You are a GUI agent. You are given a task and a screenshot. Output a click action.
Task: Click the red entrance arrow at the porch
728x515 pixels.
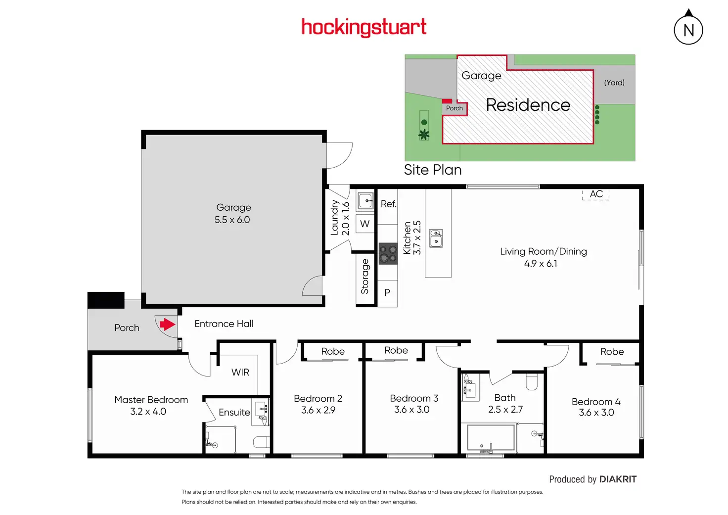[x=167, y=324]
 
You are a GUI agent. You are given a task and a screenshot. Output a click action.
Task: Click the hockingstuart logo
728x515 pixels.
[x=364, y=27]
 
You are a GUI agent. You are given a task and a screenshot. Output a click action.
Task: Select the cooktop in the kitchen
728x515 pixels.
[x=388, y=254]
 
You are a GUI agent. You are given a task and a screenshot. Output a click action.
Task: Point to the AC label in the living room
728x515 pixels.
[x=596, y=194]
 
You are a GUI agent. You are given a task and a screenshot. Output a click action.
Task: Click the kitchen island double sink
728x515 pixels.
[x=436, y=238]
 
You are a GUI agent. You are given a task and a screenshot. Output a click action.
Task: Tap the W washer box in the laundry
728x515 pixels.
[x=364, y=224]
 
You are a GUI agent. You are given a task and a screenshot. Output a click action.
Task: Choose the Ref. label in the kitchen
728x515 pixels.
[x=389, y=204]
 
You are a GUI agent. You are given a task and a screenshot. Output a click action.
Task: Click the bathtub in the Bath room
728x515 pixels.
[x=491, y=438]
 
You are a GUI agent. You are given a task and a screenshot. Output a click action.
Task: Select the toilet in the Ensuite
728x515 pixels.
[x=262, y=442]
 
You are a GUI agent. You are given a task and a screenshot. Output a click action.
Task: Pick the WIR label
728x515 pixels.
[x=240, y=372]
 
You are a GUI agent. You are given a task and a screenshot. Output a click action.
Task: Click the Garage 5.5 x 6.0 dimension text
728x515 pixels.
[x=232, y=220]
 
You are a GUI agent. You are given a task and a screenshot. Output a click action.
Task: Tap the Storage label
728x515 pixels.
[x=364, y=277]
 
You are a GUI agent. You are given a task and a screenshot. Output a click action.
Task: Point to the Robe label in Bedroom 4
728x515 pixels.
[x=612, y=351]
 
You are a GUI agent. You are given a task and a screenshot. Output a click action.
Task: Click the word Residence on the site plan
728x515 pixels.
[x=528, y=105]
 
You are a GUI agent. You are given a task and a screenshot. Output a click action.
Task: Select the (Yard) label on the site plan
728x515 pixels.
[x=614, y=83]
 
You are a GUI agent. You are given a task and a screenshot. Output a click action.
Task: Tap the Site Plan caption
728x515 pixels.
[x=433, y=170]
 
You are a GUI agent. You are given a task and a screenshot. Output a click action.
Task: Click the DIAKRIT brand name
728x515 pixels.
[x=618, y=479]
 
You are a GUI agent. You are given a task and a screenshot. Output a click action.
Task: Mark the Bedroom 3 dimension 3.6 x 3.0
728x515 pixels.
[x=412, y=409]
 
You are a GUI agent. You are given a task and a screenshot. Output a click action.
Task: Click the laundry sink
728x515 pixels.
[x=365, y=200]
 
